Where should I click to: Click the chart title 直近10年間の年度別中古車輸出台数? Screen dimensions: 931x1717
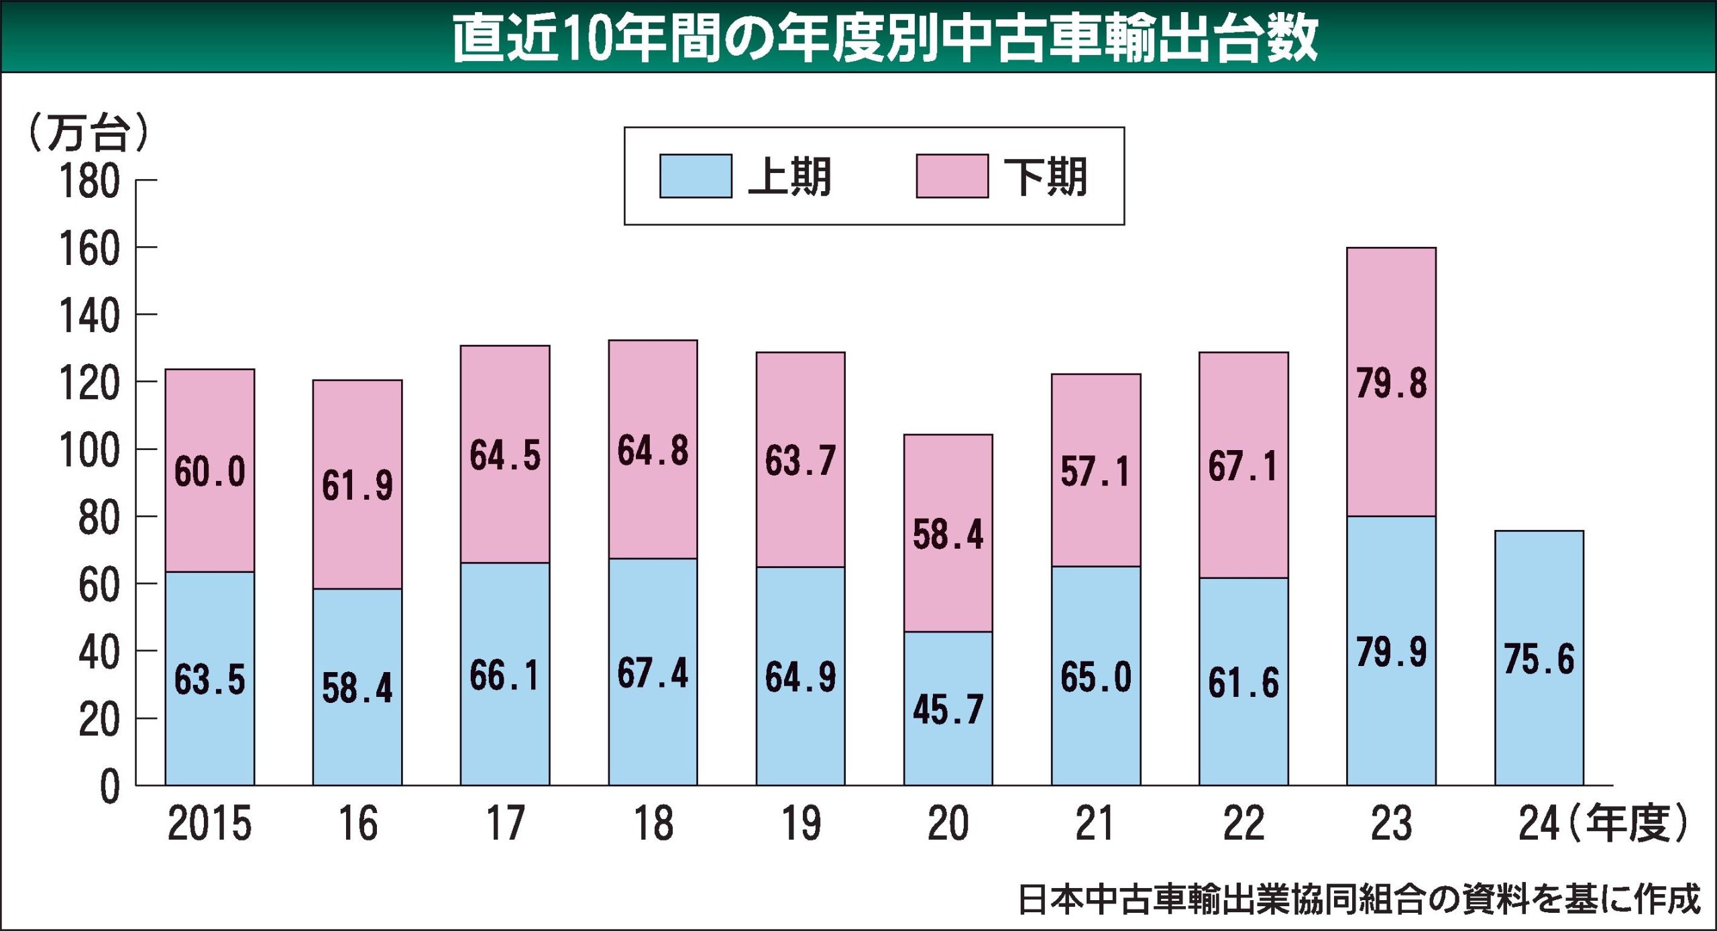click(x=885, y=38)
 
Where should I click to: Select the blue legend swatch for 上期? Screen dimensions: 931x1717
click(x=696, y=176)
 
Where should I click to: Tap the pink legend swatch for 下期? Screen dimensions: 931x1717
click(x=952, y=176)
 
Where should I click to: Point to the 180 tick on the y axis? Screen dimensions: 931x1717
click(x=90, y=181)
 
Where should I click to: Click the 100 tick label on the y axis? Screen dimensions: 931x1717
click(x=90, y=450)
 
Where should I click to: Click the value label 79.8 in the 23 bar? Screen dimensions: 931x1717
click(x=1391, y=384)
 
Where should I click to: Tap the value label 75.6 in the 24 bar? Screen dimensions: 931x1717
click(x=1539, y=659)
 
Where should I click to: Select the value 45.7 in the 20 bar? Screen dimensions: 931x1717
click(x=948, y=709)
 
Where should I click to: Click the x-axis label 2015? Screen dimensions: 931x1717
click(x=209, y=824)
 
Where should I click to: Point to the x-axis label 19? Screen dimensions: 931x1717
click(x=801, y=824)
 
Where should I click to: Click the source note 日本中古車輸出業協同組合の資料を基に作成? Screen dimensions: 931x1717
click(x=1359, y=899)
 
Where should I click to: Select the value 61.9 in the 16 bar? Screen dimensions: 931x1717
click(x=357, y=486)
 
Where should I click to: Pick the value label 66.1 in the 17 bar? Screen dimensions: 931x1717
click(x=504, y=675)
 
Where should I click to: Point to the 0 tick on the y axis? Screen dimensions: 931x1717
click(x=110, y=787)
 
